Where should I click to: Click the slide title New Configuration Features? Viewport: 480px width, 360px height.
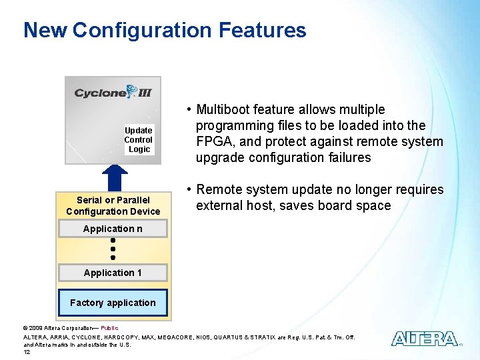click(165, 31)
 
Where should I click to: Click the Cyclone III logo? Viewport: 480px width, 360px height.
click(113, 92)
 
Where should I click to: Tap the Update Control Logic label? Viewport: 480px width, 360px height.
click(139, 140)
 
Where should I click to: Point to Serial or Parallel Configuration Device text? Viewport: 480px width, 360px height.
click(113, 205)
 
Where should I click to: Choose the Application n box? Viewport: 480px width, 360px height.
click(113, 229)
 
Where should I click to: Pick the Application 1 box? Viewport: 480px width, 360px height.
click(113, 273)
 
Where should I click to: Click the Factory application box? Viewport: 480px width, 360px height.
click(113, 303)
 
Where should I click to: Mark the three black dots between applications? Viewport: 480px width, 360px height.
click(113, 248)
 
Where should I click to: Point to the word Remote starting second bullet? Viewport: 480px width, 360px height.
click(219, 189)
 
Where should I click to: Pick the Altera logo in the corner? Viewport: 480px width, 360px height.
click(425, 339)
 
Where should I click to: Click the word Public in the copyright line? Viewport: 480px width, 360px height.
click(109, 328)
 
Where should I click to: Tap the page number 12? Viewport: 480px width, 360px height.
click(27, 352)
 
